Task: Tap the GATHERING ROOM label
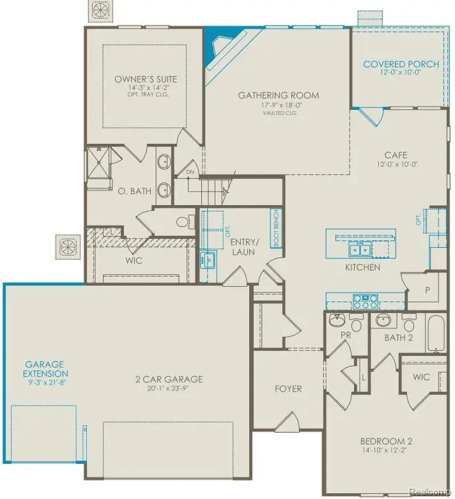(x=278, y=96)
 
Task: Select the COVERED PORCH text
(x=401, y=65)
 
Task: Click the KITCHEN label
(x=363, y=267)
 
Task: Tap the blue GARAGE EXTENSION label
(x=45, y=369)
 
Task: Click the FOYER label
(x=288, y=388)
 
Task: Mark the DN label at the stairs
(x=189, y=173)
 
